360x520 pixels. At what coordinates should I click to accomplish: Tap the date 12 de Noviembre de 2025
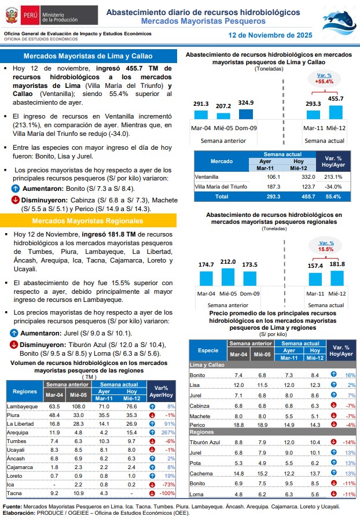tap(270, 35)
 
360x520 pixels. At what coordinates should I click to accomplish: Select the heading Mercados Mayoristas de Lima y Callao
tap(88, 56)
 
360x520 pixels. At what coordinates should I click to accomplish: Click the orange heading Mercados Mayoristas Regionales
tap(88, 221)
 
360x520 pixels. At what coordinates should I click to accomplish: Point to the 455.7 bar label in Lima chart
tap(336, 98)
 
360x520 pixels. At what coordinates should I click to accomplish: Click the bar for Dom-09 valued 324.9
tap(245, 114)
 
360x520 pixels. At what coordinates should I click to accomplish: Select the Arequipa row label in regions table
tap(17, 432)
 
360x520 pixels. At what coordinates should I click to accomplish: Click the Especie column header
tap(208, 351)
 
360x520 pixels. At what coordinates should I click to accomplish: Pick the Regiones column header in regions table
tap(25, 392)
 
